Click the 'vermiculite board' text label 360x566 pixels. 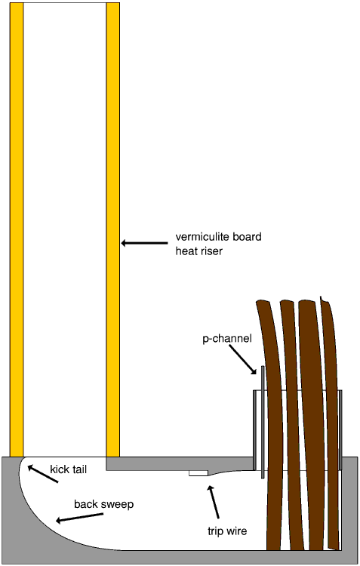218,237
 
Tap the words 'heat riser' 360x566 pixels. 199,251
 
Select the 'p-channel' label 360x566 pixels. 226,339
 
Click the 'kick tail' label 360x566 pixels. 68,469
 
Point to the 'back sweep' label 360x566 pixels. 103,504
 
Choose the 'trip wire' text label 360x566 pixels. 227,531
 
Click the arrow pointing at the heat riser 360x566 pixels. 144,243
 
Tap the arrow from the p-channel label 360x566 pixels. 243,359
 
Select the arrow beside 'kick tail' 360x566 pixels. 42,474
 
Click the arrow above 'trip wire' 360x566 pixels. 214,502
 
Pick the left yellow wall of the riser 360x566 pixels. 17,229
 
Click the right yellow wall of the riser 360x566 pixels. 113,229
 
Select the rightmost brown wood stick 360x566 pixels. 331,423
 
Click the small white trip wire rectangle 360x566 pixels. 198,473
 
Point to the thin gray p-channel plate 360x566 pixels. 263,422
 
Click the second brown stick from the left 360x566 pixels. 293,426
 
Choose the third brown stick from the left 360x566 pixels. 312,426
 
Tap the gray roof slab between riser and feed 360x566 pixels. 180,463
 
